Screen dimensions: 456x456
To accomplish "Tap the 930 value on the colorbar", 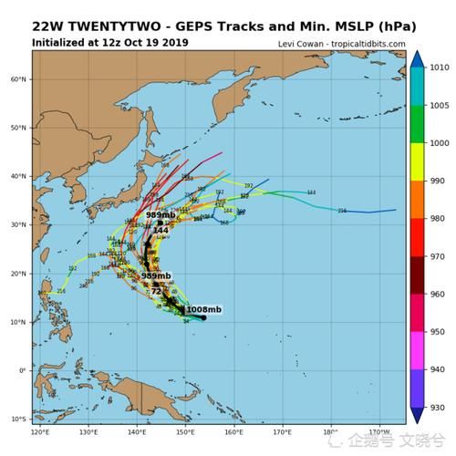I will [x=439, y=409].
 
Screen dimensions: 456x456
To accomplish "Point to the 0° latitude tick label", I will [x=23, y=370].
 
